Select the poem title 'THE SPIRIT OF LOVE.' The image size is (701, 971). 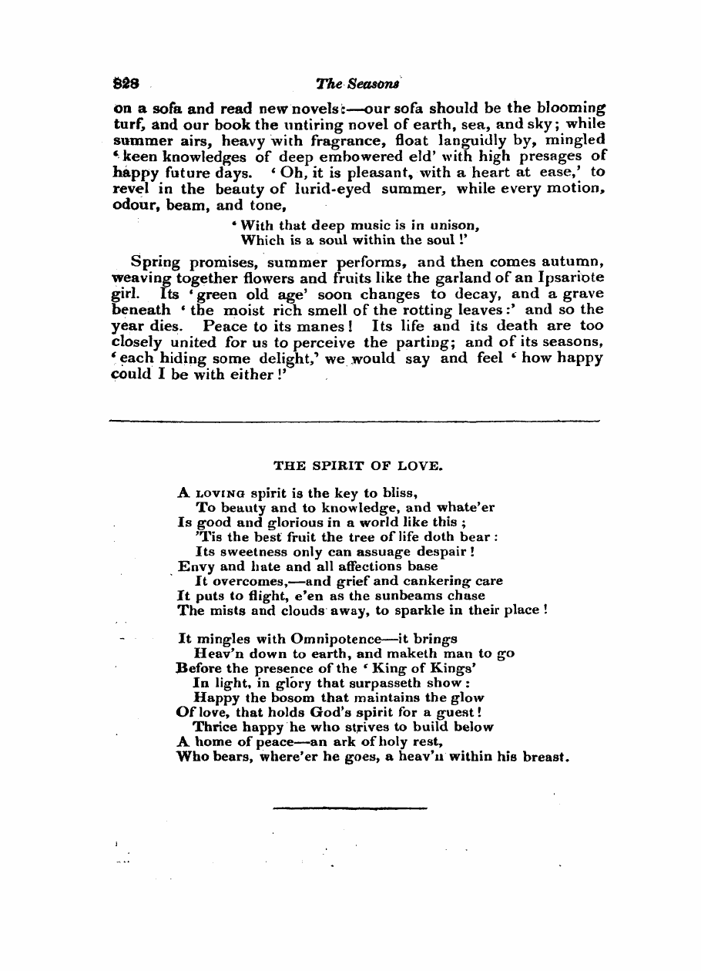click(358, 465)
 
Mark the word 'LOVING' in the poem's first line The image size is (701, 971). click(220, 492)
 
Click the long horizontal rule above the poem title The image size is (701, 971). click(354, 421)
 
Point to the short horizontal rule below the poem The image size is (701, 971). click(350, 808)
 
